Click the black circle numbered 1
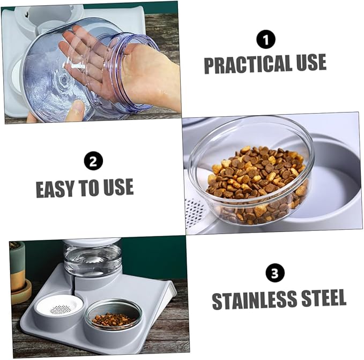(266, 40)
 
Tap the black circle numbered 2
(93, 161)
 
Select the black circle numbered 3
(275, 273)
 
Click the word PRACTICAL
(248, 64)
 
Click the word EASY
(55, 189)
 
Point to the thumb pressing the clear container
(76, 111)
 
